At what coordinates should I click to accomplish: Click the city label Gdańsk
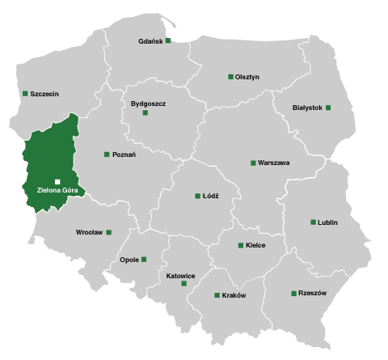(x=151, y=41)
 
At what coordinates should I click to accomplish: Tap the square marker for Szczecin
(x=25, y=93)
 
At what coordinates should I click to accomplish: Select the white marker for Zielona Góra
(x=57, y=181)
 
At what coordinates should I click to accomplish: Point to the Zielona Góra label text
(x=57, y=191)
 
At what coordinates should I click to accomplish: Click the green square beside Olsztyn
(x=230, y=77)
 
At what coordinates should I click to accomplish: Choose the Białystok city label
(x=308, y=108)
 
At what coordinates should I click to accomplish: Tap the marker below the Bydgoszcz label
(x=145, y=113)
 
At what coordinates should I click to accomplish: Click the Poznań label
(x=124, y=155)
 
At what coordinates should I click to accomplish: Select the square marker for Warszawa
(x=253, y=163)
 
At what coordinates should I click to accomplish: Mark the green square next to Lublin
(x=313, y=222)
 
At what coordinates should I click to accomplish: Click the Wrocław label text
(x=89, y=232)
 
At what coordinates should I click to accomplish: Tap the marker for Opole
(x=144, y=260)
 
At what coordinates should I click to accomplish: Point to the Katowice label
(x=180, y=275)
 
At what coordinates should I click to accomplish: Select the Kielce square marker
(x=240, y=245)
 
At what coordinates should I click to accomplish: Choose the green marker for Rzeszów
(x=293, y=293)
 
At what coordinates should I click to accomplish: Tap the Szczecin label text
(x=44, y=94)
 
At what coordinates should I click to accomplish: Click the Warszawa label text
(x=273, y=163)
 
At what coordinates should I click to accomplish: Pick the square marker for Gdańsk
(x=168, y=40)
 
